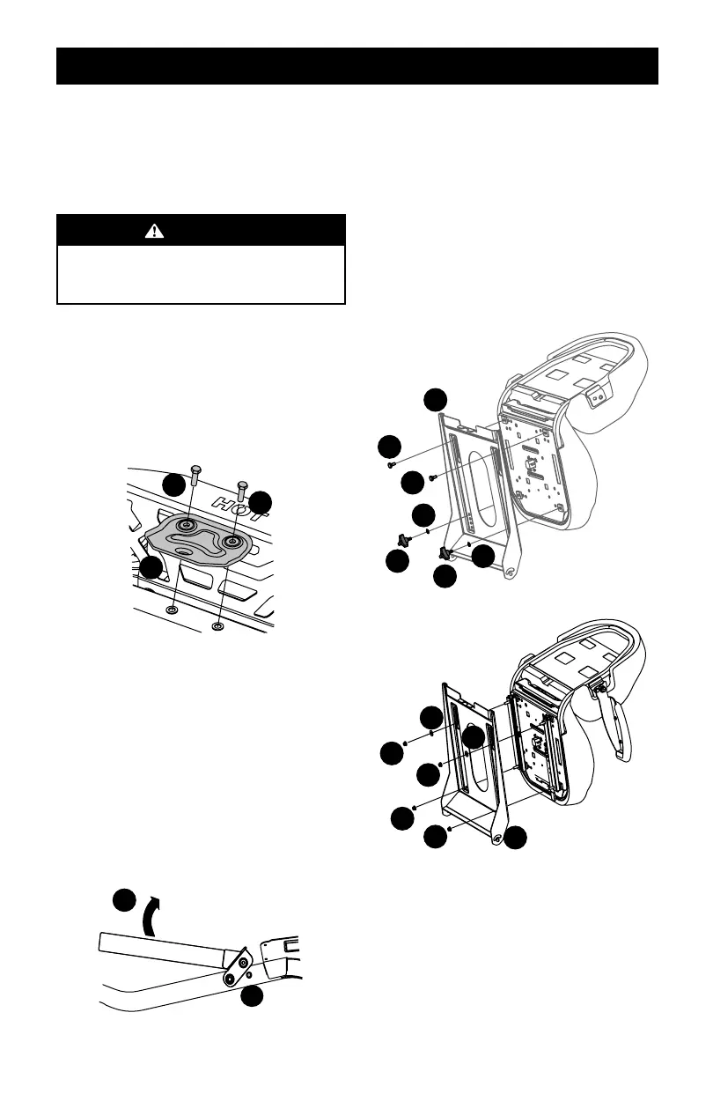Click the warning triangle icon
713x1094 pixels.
(x=156, y=231)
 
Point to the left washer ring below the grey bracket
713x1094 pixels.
(x=172, y=609)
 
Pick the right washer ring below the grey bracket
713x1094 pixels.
(x=217, y=626)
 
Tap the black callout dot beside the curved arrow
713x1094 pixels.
(x=124, y=902)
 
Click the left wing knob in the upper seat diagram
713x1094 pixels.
(x=404, y=538)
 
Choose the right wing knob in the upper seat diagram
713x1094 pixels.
(x=445, y=552)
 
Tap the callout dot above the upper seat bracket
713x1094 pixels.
(x=434, y=399)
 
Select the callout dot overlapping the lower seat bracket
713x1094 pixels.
(x=474, y=738)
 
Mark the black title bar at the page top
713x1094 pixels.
(x=356, y=66)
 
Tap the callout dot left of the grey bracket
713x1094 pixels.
(x=151, y=568)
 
